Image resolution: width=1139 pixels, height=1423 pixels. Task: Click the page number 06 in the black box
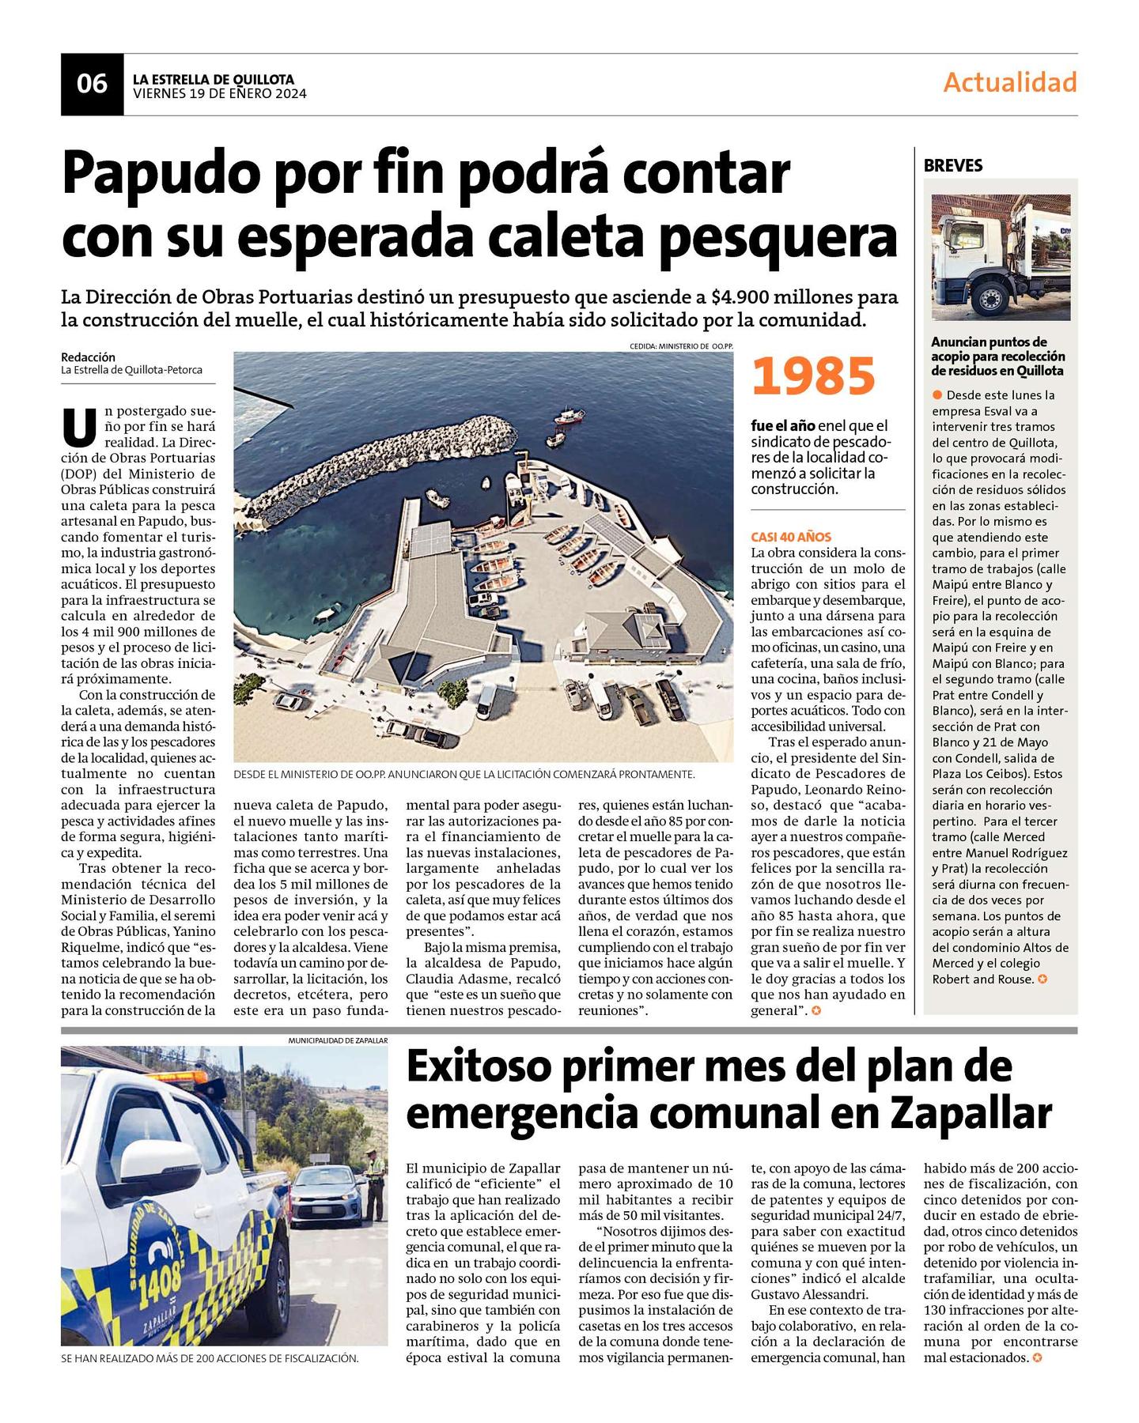(x=92, y=83)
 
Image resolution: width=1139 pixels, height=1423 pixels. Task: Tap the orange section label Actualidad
(x=1009, y=82)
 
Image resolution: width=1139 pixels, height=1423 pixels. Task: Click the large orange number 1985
(x=813, y=376)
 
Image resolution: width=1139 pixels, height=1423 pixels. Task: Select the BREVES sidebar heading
(x=952, y=166)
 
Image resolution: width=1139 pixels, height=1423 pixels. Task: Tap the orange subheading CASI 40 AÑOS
(x=791, y=537)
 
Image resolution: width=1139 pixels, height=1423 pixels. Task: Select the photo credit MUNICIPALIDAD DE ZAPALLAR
(x=338, y=1041)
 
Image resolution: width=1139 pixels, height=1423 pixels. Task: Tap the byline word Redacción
(x=88, y=357)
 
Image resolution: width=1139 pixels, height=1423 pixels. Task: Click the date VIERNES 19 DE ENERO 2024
(x=220, y=93)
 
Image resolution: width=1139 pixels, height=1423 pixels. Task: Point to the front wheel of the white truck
(x=990, y=298)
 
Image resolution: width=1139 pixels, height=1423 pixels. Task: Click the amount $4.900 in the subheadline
(x=739, y=297)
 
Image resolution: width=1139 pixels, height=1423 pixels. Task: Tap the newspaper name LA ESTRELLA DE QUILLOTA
(x=214, y=79)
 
